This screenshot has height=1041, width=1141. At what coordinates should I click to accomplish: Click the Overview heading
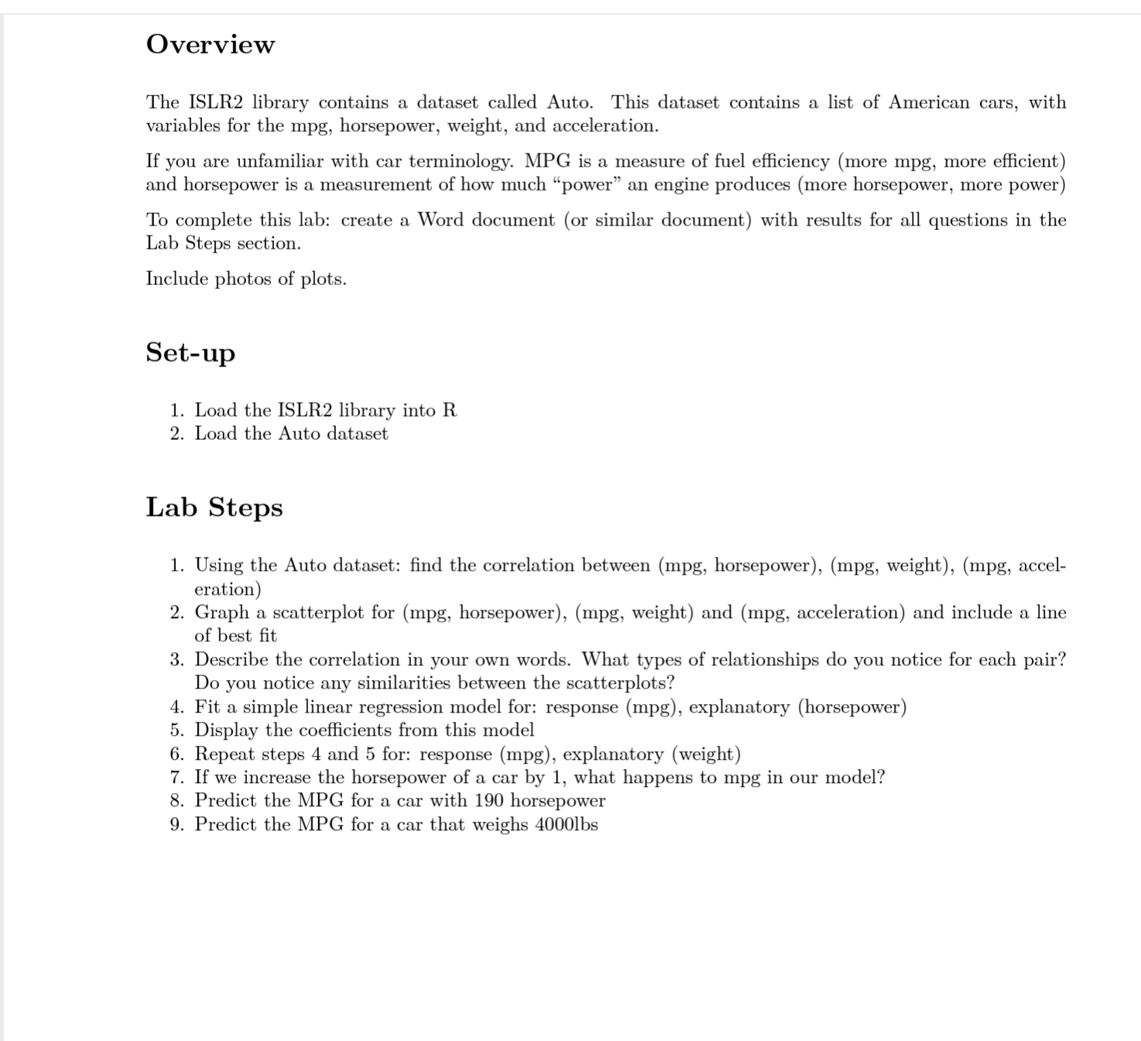[x=210, y=44]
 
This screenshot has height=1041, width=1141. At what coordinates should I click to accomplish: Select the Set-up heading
[x=190, y=352]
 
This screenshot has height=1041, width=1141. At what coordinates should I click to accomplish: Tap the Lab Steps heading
[x=214, y=507]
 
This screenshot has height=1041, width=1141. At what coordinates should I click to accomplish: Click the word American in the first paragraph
[x=928, y=102]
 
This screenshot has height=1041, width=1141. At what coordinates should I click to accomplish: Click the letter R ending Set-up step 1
[x=450, y=411]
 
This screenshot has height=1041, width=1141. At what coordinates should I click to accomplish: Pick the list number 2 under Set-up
[x=177, y=434]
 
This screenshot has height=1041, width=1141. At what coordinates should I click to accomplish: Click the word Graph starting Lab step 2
[x=221, y=613]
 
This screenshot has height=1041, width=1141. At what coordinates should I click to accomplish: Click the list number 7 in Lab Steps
[x=177, y=778]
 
